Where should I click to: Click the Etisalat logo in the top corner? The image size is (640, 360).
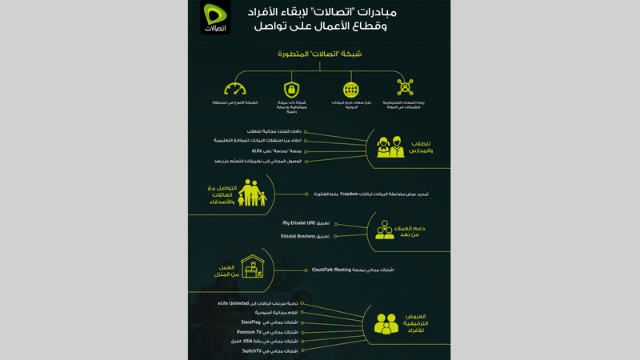coord(214,18)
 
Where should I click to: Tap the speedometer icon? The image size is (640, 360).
coord(235,88)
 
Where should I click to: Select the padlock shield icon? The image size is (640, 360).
coord(291,88)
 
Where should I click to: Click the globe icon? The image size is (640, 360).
coord(350,89)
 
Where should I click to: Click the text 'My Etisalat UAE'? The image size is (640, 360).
coord(301,222)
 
